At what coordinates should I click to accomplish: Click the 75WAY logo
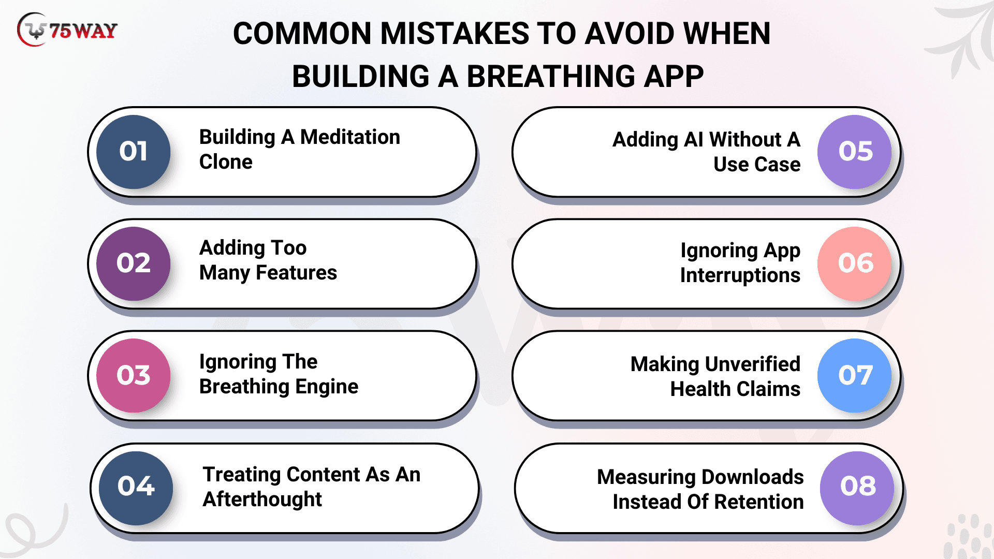67,30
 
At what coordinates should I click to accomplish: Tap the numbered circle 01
134,152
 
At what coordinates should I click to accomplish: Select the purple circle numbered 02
134,263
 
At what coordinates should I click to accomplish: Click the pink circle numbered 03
134,375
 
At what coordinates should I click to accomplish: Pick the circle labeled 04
136,488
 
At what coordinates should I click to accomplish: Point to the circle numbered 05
855,152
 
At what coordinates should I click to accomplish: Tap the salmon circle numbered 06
855,263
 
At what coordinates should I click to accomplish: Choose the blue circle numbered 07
855,375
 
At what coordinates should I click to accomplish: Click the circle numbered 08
857,488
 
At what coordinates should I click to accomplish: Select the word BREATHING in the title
551,77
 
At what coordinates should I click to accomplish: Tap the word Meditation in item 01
350,137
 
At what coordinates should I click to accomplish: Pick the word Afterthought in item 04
262,500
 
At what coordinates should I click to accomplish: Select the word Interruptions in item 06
740,276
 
